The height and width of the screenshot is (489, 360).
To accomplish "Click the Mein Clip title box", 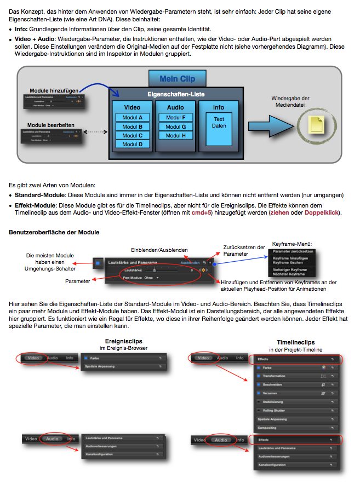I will click(x=177, y=79).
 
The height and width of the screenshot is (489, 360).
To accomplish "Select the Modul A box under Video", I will click(x=133, y=118).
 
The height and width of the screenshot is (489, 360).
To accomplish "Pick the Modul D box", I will click(x=133, y=145).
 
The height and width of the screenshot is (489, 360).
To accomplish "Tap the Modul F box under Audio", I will click(x=175, y=118).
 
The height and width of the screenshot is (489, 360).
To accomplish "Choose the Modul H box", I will click(x=175, y=136).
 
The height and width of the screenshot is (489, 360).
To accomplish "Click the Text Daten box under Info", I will click(x=219, y=122).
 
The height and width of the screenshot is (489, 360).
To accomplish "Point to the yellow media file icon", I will click(x=317, y=124).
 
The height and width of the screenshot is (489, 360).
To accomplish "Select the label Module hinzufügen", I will click(x=53, y=89).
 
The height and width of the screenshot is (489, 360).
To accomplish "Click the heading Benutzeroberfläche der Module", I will click(x=54, y=232).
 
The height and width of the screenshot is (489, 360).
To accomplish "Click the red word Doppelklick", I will click(x=323, y=212).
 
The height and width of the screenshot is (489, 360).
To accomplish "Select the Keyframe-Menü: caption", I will click(x=293, y=244).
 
